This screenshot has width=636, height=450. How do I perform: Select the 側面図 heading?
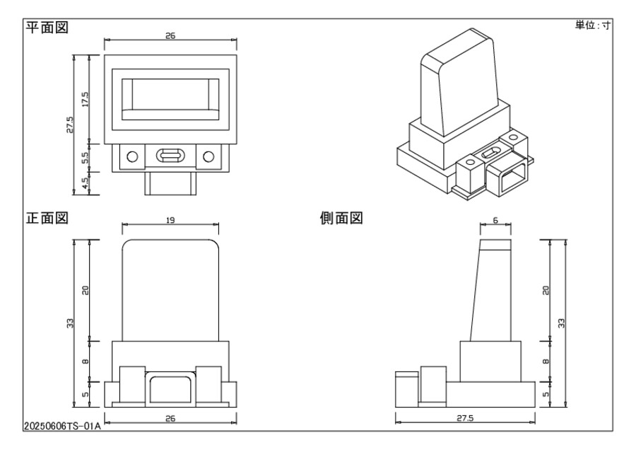[x=341, y=219]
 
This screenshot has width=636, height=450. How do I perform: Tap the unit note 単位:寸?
[x=592, y=25]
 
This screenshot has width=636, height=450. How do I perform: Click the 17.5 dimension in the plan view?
[x=85, y=99]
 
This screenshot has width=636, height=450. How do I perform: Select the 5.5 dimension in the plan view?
[x=85, y=157]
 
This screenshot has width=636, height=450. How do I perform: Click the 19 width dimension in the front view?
[x=170, y=221]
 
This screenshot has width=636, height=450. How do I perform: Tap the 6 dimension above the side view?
[x=495, y=221]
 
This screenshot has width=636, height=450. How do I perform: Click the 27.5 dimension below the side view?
[x=464, y=417]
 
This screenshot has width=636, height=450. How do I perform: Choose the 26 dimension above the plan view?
[x=170, y=35]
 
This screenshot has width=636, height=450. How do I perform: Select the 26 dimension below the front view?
[x=170, y=418]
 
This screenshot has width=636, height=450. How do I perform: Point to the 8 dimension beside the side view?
[x=546, y=362]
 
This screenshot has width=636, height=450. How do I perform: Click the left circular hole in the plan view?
[x=132, y=156]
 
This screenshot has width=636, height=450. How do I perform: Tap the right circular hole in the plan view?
[x=208, y=156]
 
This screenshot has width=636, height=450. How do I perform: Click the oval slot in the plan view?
[x=170, y=156]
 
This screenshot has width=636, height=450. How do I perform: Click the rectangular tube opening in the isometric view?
[x=507, y=178]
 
